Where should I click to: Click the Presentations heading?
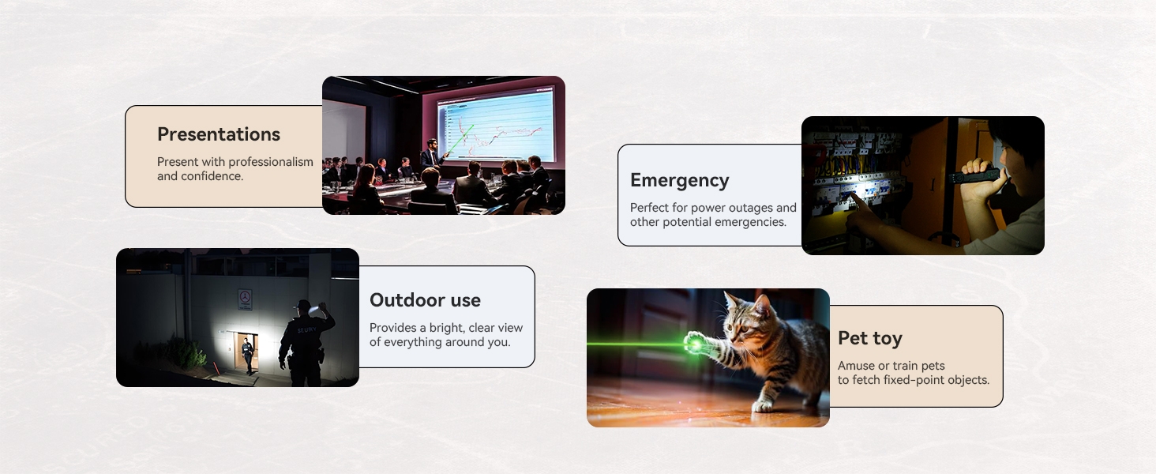219,134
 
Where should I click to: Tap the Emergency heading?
680,180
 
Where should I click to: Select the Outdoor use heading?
426,300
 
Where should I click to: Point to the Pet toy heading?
870,339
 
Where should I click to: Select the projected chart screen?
495,126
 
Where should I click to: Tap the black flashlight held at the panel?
975,175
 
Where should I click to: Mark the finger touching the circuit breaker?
855,199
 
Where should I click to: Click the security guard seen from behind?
306,343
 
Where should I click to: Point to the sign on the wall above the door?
245,299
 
